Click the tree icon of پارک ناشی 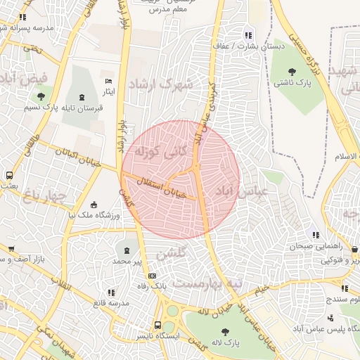(294, 72)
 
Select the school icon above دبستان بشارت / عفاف (247, 35)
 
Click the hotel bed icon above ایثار (108, 82)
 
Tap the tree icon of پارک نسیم (41, 96)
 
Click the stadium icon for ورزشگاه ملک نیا (94, 205)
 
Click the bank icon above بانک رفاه (152, 274)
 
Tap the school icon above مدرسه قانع (110, 292)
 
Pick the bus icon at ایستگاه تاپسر (158, 325)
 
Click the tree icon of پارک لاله (225, 331)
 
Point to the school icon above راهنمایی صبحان (316, 235)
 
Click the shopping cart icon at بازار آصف (11, 249)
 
